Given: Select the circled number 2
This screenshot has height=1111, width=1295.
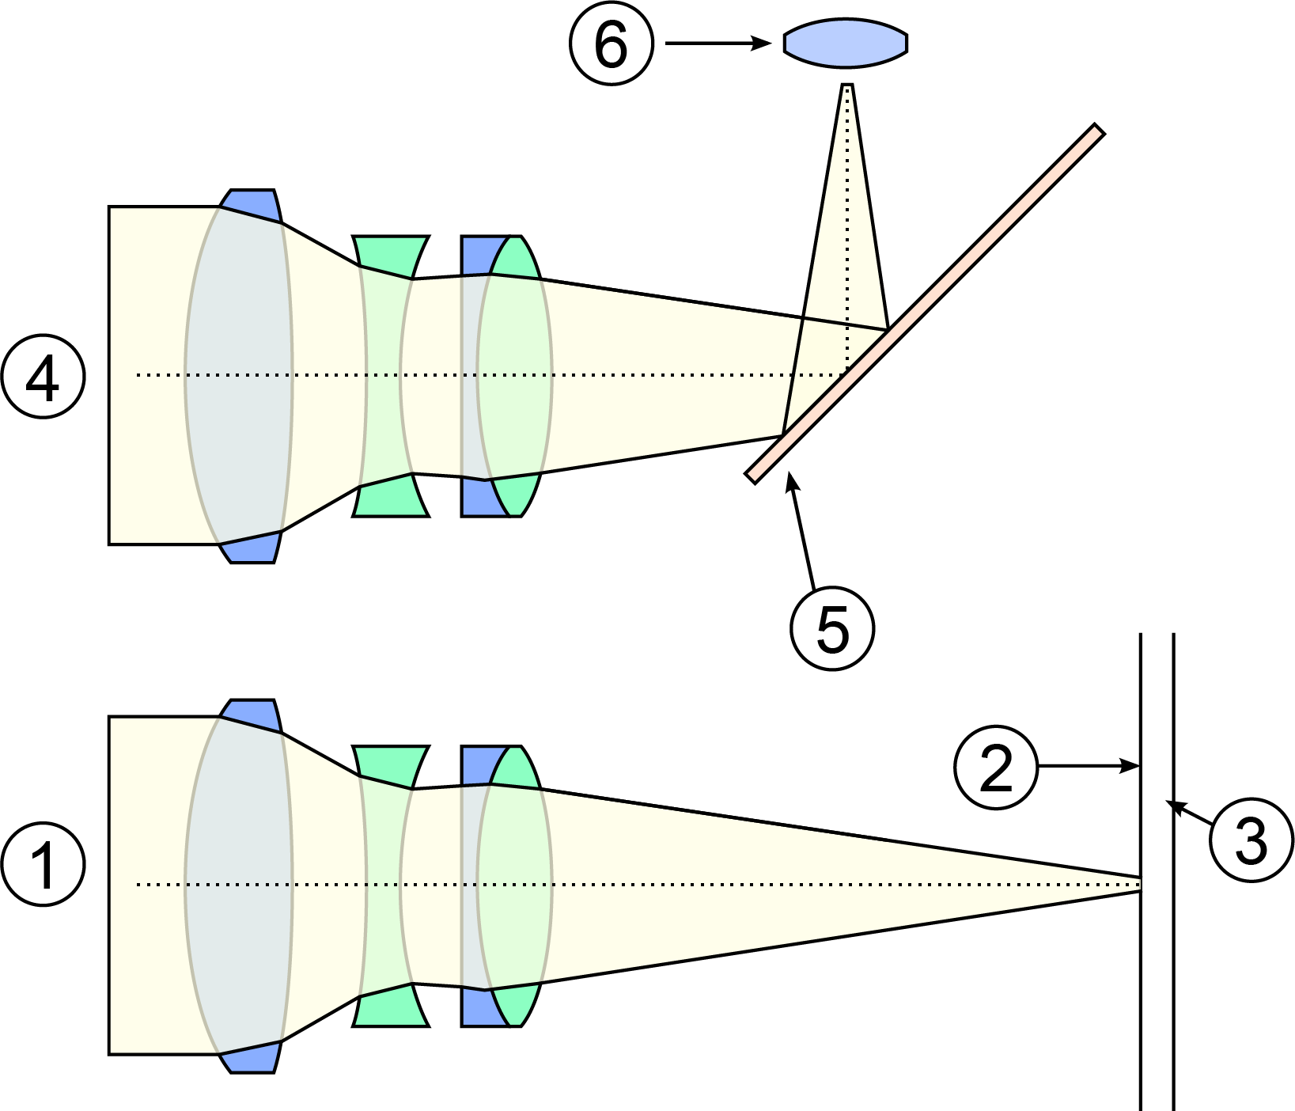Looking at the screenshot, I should tap(995, 767).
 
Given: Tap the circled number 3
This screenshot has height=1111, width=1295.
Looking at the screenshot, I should tap(1251, 840).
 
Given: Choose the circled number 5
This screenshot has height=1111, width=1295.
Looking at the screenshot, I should tap(832, 628).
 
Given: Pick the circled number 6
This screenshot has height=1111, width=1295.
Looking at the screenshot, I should tap(612, 44).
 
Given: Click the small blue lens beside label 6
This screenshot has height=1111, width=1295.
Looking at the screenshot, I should tap(846, 44).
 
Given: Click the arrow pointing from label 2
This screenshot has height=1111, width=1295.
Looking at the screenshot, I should tap(1089, 766).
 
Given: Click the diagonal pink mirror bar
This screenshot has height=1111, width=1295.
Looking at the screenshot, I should tap(924, 304).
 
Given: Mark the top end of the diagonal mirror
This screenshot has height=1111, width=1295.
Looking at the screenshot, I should tap(1097, 130).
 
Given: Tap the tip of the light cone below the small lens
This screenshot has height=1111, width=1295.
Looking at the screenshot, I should tap(847, 86).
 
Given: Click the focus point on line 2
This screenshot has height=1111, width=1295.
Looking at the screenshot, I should tap(1140, 884).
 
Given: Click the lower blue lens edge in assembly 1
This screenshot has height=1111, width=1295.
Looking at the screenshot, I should tap(251, 1058).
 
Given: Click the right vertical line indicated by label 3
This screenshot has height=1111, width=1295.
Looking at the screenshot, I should tap(1172, 950).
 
